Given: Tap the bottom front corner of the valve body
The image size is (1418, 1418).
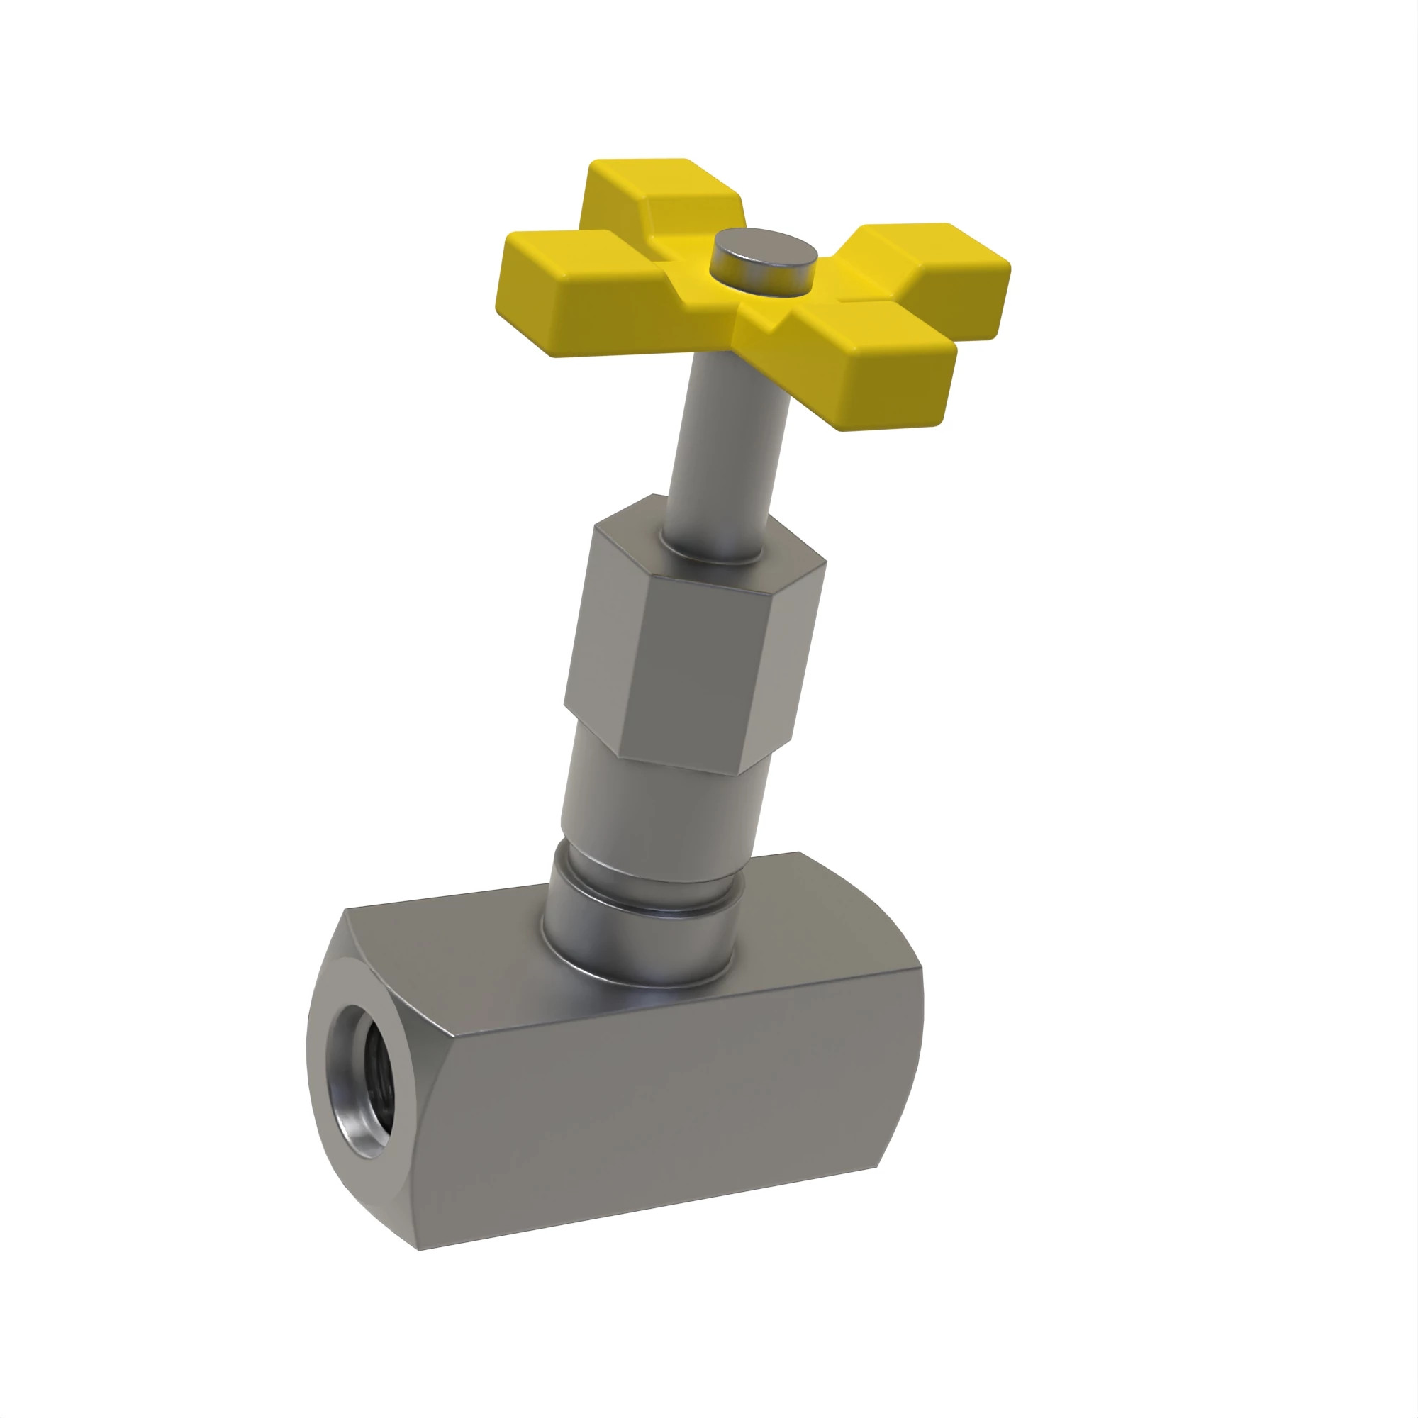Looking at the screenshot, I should (418, 1248).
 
